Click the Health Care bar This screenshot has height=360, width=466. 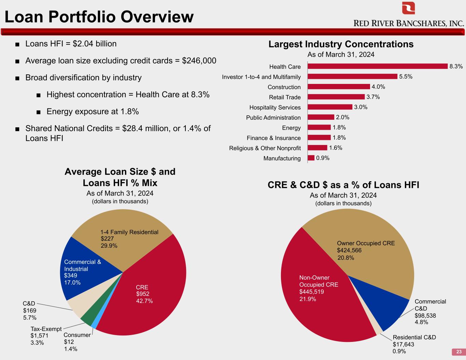point(378,66)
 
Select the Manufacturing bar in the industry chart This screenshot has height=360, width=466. point(311,158)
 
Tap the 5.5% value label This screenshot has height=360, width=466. point(406,76)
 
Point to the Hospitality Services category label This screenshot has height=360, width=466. point(275,107)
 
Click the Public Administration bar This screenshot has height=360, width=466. point(321,117)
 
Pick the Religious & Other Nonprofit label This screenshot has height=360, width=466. point(265,148)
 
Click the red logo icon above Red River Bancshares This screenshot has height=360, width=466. point(408,8)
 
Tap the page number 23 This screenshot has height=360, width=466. point(459,352)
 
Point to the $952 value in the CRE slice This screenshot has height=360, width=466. point(143,294)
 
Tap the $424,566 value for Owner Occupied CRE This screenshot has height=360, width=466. point(349,250)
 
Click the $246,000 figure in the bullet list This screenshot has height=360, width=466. point(199,61)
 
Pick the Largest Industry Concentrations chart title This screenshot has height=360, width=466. point(341,44)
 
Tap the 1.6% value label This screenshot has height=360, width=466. point(336,148)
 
